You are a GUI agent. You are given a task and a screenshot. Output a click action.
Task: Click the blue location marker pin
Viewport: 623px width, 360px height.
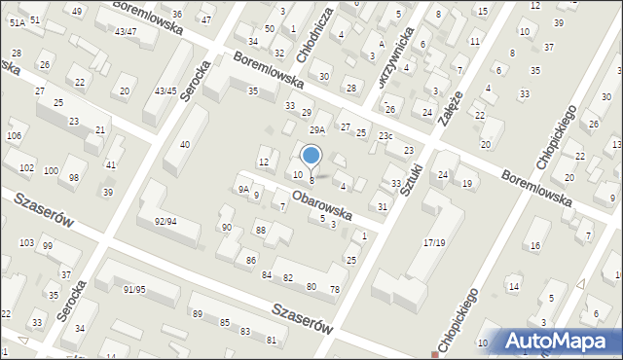point(311,156)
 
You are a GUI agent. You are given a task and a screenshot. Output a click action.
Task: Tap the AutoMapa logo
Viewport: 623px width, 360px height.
point(559,342)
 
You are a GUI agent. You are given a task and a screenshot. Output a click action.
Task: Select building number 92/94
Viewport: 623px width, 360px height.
point(165,221)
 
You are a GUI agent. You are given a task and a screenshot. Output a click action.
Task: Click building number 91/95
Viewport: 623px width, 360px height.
point(134,289)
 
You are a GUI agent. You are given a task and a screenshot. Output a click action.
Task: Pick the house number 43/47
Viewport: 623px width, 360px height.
point(126,32)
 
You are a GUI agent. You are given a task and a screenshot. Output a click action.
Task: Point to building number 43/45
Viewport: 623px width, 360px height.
point(165,90)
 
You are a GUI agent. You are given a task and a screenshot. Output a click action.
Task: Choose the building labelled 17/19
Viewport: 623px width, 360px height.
point(435,243)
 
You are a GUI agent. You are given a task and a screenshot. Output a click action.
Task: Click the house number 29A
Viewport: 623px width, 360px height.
point(316,130)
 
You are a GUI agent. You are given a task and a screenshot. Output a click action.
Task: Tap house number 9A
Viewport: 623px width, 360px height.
point(242,191)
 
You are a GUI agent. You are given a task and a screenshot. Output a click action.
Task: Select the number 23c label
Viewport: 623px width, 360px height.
point(386,136)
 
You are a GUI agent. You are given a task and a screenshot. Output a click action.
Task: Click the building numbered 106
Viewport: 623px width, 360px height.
point(14,135)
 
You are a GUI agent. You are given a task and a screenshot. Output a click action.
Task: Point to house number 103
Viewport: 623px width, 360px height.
point(25,242)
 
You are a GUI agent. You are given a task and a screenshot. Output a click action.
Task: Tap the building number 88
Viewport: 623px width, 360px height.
point(260,230)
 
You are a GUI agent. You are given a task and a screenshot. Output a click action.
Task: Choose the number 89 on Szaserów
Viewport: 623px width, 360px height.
point(197,313)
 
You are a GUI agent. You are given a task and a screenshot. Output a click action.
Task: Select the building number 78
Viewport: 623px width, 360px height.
point(334,290)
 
